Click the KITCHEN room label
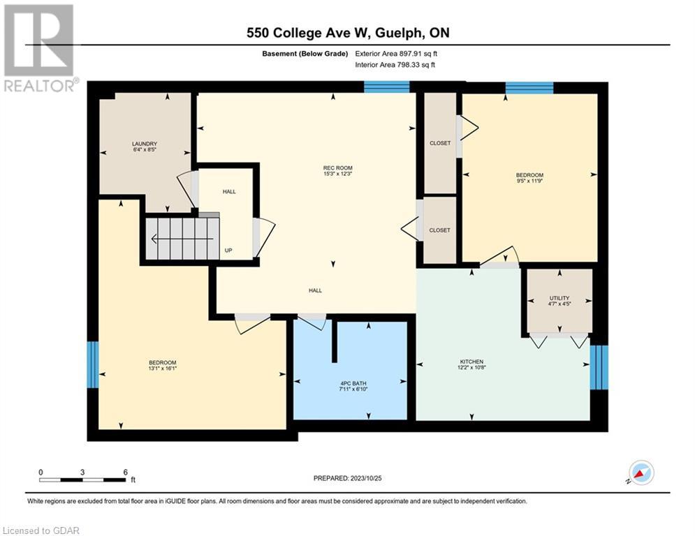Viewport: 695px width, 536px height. pos(471,362)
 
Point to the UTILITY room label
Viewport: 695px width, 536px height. pos(559,298)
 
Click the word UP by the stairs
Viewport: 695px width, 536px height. pos(228,250)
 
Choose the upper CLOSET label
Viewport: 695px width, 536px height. pos(440,143)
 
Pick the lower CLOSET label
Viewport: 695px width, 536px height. pos(440,230)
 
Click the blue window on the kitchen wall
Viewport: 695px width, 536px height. pos(599,366)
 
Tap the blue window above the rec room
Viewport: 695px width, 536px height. pos(386,87)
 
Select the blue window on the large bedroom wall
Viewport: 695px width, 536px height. pos(92,364)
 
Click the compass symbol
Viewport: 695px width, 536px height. pos(641,472)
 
